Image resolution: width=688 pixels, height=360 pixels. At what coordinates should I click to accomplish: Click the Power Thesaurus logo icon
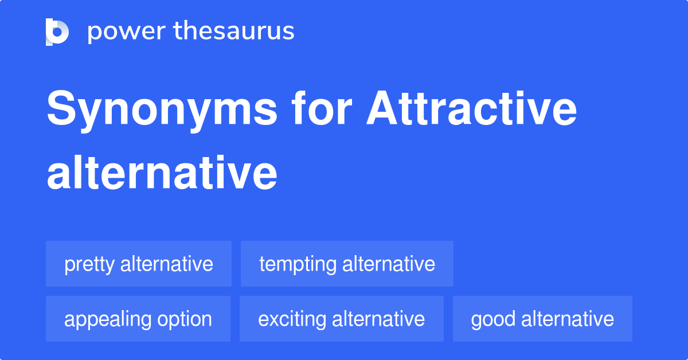coord(57,32)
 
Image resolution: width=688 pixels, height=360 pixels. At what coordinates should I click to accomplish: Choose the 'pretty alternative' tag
coord(139,264)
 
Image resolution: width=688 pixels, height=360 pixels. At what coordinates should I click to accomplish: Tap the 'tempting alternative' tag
coord(347,264)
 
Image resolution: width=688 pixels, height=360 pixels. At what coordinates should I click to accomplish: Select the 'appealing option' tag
coord(138,319)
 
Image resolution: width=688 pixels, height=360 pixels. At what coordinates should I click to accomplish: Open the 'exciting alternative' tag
coord(342,319)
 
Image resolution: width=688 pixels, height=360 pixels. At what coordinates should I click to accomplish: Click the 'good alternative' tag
coord(542,319)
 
